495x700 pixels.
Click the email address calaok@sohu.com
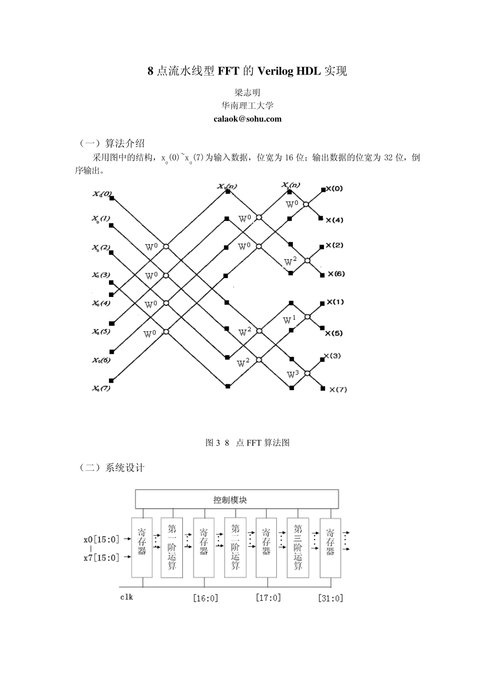coord(247,119)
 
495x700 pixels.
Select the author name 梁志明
coord(247,93)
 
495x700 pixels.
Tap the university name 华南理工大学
coord(247,106)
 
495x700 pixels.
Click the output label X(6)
coord(335,274)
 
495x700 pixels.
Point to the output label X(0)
coord(334,189)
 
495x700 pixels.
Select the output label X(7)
coord(338,390)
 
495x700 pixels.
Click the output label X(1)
coord(335,302)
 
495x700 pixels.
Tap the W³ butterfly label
coord(293,373)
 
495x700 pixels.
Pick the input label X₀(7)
coord(102,388)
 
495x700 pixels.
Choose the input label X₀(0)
coord(102,194)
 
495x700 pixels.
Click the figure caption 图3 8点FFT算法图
coord(247,443)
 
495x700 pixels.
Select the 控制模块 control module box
coord(237,499)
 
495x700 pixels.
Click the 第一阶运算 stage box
coord(172,547)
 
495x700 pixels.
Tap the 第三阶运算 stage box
coord(298,547)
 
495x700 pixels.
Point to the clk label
coord(127,597)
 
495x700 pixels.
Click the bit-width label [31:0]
coord(331,598)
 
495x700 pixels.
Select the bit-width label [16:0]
coord(205,598)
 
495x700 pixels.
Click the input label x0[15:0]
coord(102,540)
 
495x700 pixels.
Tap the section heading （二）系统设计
coord(111,468)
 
